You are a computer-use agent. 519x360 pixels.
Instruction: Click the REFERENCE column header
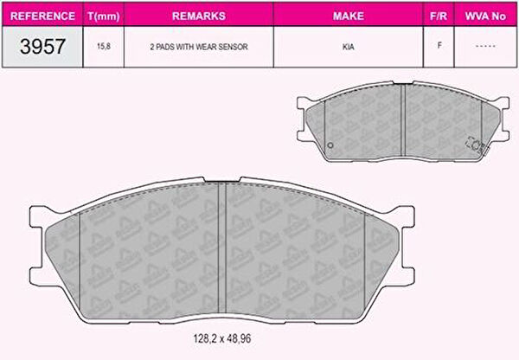(x=42, y=16)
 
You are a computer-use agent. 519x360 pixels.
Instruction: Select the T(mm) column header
(x=104, y=16)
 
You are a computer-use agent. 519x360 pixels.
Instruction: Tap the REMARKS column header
(x=199, y=16)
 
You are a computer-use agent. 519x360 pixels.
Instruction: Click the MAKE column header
(x=349, y=16)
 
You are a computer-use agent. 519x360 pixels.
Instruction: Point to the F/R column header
(x=439, y=16)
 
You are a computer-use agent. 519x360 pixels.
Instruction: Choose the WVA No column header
(x=485, y=16)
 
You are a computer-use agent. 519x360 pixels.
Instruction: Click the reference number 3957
(x=42, y=47)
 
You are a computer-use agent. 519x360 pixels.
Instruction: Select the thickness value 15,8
(x=104, y=47)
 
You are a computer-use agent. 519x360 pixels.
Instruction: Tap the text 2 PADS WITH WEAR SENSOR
(x=199, y=47)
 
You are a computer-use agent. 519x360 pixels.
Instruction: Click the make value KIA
(x=349, y=47)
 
